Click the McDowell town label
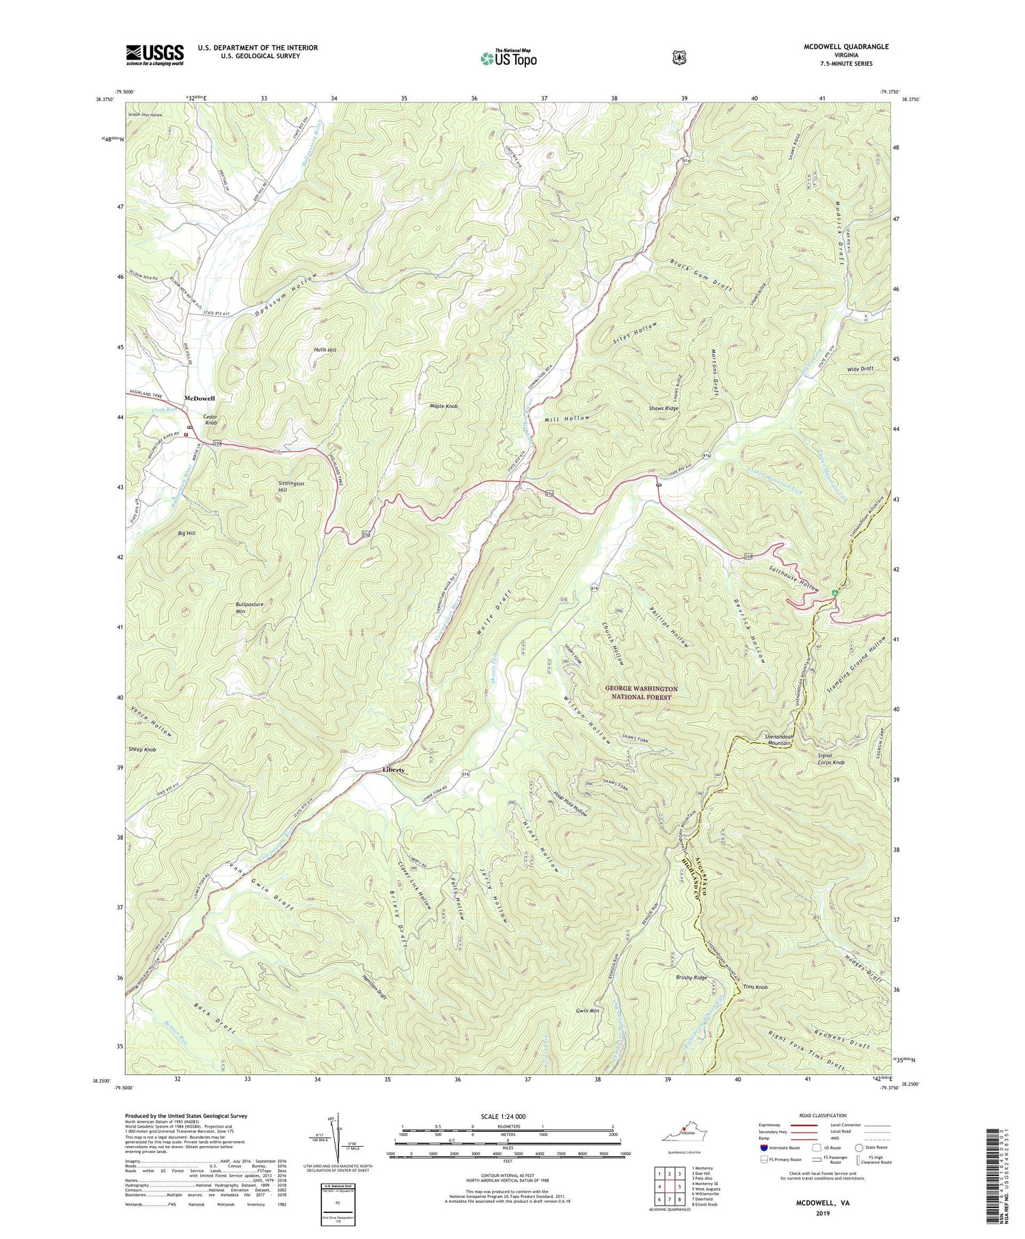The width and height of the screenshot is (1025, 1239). (x=200, y=398)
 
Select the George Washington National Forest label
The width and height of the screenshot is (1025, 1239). (x=640, y=693)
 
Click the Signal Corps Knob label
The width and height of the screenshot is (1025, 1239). (x=831, y=759)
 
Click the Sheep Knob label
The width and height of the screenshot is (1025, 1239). (x=142, y=750)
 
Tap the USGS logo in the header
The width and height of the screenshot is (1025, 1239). (x=154, y=55)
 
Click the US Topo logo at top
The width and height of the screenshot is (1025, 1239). (x=508, y=58)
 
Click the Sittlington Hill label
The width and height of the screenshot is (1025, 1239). (x=291, y=487)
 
